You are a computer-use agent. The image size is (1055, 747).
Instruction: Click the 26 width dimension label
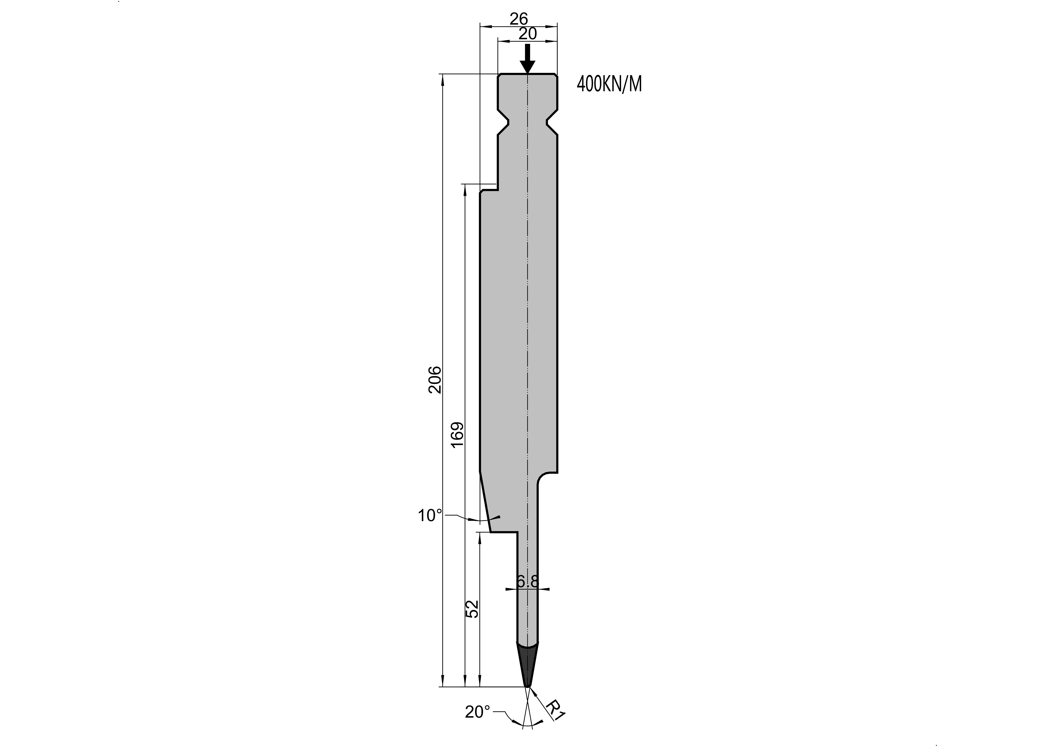(519, 19)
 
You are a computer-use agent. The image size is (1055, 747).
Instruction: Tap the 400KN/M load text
(609, 84)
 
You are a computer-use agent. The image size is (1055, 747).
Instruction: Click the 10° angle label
(430, 516)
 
